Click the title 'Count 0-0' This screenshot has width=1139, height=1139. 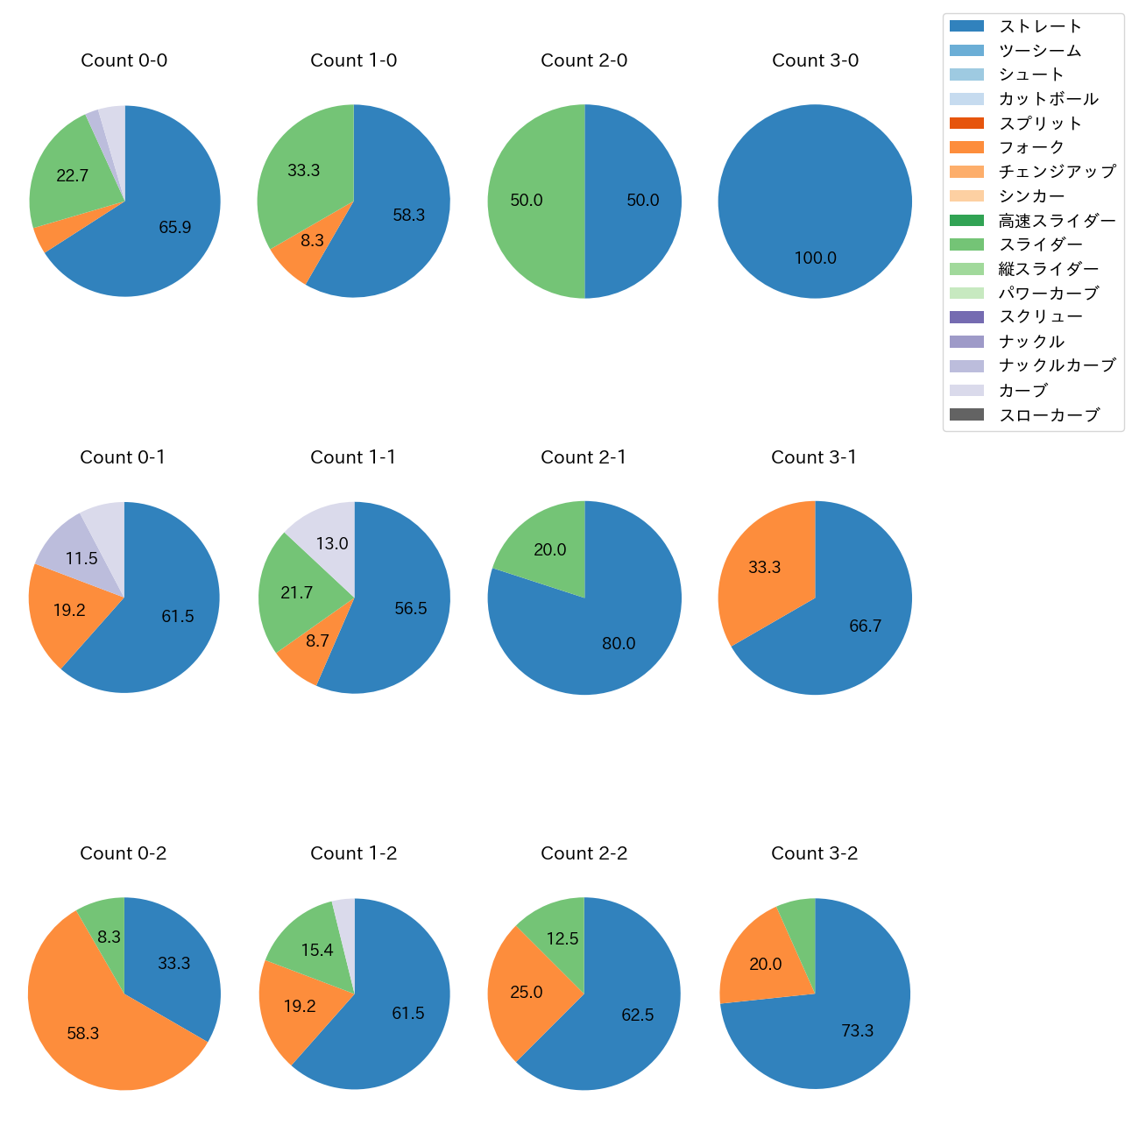(x=124, y=60)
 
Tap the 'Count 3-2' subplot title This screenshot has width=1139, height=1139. (x=814, y=853)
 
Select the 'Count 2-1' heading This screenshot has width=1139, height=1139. (x=584, y=457)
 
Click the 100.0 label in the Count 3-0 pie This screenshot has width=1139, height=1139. (x=815, y=258)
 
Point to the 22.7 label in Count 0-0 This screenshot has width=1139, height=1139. (x=72, y=175)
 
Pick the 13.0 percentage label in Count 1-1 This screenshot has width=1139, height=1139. (x=332, y=544)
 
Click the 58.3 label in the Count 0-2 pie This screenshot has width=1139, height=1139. (x=83, y=1034)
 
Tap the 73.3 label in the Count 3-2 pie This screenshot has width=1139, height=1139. (x=857, y=1031)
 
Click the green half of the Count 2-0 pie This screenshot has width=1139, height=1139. (x=534, y=201)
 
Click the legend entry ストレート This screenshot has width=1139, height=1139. (x=1040, y=26)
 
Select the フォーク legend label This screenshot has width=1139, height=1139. (x=1031, y=147)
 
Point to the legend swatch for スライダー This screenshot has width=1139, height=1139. (x=966, y=244)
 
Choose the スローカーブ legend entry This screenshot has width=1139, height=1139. (x=1049, y=415)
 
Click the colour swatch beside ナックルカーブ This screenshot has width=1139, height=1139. (x=966, y=366)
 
